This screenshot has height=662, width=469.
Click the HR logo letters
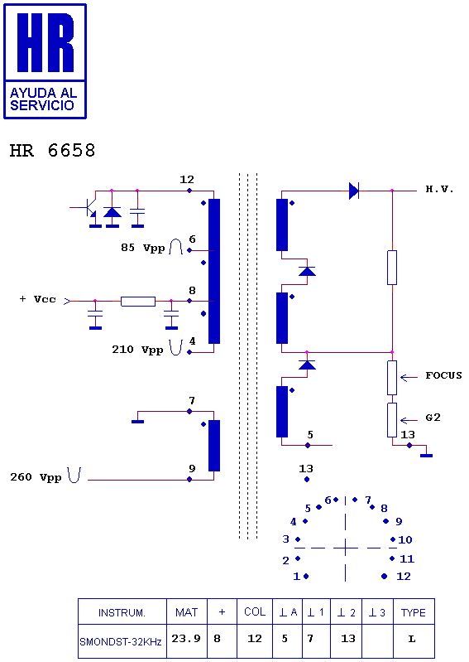[x=45, y=42]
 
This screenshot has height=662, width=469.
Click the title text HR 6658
[x=53, y=150]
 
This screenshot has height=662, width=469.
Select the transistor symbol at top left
[x=89, y=207]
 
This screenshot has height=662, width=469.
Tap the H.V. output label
[x=439, y=189]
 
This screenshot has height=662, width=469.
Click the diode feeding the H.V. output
[x=354, y=191]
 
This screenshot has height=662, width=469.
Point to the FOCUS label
[x=443, y=375]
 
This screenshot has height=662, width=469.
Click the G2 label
[x=433, y=418]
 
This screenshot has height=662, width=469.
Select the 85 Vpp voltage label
[x=142, y=248]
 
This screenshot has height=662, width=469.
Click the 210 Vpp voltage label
[x=137, y=350]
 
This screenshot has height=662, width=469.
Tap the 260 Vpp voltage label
[x=36, y=477]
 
